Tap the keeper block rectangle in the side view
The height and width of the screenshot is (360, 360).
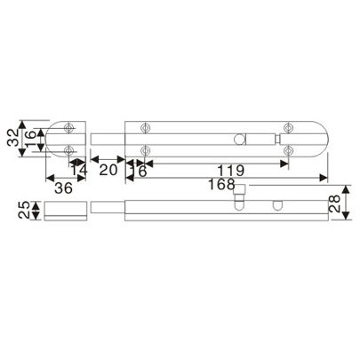click(x=65, y=211)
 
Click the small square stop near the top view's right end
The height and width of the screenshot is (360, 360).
click(x=279, y=139)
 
